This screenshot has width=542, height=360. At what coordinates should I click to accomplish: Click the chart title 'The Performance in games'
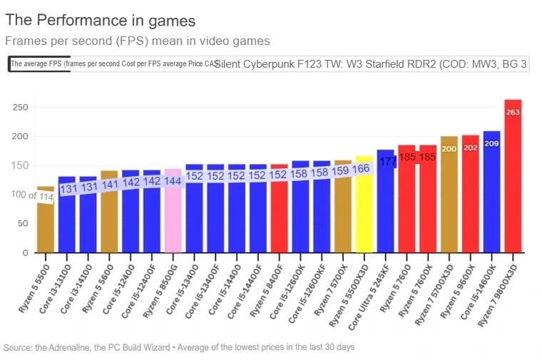[100, 21]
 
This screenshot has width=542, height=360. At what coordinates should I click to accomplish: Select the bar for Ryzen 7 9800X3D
[513, 178]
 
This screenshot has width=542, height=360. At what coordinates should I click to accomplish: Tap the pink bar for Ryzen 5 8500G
[173, 214]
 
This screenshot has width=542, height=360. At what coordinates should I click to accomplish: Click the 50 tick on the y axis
[23, 223]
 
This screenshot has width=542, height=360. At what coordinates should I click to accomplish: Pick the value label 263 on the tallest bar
[513, 112]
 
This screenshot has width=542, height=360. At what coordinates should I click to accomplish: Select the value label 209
[491, 143]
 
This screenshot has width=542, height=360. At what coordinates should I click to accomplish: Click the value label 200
[449, 148]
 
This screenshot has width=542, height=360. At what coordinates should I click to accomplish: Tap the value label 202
[471, 148]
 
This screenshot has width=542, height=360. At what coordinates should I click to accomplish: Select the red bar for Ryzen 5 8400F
[279, 214]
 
